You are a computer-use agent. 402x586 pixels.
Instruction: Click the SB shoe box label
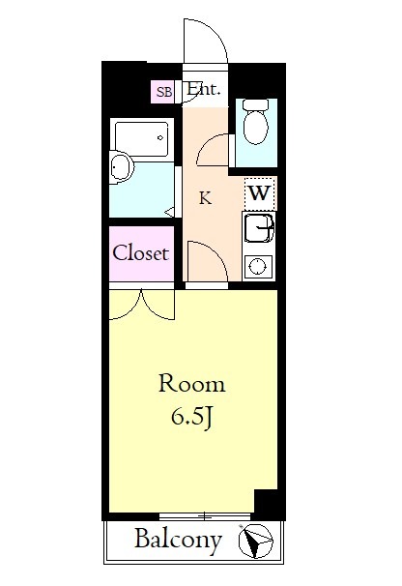click(x=164, y=92)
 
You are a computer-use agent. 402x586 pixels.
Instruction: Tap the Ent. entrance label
click(x=203, y=90)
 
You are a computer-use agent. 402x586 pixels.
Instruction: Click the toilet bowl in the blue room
click(x=256, y=122)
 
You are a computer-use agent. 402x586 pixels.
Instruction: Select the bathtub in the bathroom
click(x=142, y=139)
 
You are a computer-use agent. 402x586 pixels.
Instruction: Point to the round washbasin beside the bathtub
click(x=121, y=167)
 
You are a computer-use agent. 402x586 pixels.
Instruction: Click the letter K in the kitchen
click(x=205, y=198)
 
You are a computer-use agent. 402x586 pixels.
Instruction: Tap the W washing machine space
click(x=260, y=193)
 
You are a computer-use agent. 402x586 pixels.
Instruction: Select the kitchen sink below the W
click(x=258, y=226)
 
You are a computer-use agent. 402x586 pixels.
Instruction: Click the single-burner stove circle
click(x=257, y=267)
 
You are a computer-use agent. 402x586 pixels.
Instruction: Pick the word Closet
click(x=140, y=253)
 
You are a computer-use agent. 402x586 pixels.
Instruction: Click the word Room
click(x=192, y=384)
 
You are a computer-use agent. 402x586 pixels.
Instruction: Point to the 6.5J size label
click(x=191, y=418)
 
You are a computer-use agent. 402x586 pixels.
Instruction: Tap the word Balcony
click(x=178, y=541)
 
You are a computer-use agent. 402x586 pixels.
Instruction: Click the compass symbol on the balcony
click(x=256, y=541)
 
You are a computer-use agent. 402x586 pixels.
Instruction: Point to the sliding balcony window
click(x=204, y=517)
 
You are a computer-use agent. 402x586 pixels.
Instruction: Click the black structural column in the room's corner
click(x=266, y=502)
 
